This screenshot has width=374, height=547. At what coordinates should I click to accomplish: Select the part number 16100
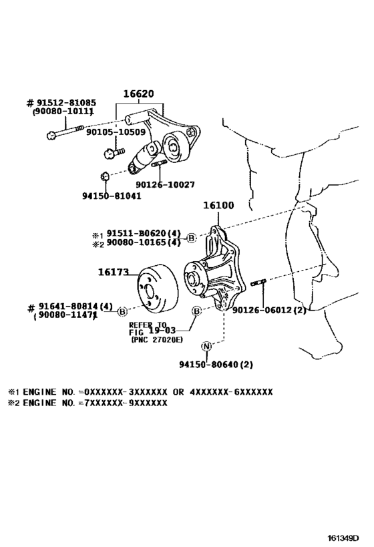(x=218, y=206)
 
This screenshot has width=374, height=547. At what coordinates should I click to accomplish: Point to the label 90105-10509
(x=116, y=132)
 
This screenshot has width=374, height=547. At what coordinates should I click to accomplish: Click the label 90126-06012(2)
(x=270, y=309)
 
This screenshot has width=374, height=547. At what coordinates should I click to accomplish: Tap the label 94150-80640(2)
(x=216, y=365)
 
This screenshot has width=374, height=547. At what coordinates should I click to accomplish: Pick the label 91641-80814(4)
(x=71, y=306)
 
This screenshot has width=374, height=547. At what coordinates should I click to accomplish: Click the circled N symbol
(x=206, y=346)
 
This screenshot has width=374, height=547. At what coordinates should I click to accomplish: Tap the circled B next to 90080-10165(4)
(x=191, y=238)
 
